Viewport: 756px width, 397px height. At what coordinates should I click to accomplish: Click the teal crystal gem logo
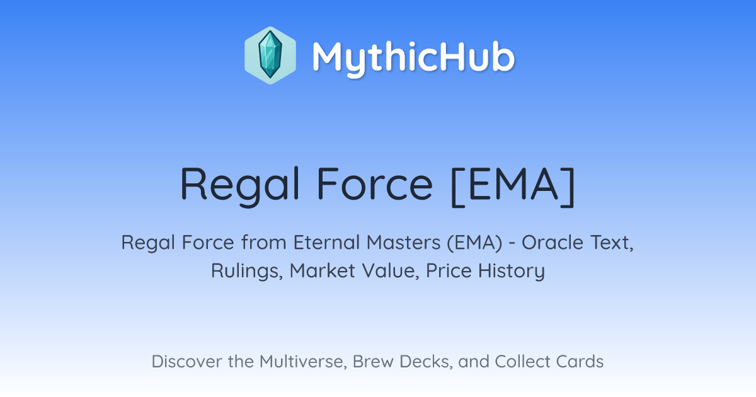(270, 55)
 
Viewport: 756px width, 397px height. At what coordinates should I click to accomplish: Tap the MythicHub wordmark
(413, 58)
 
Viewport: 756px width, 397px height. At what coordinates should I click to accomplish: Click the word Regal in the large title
(240, 186)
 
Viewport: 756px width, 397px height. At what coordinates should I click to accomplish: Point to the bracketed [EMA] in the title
(513, 187)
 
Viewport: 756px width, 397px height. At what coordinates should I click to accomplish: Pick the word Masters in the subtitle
(404, 243)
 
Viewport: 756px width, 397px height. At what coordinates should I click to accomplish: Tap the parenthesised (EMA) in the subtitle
(475, 243)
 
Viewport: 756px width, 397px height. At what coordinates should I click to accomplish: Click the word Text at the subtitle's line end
(612, 243)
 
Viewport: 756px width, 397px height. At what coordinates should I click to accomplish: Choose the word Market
(323, 271)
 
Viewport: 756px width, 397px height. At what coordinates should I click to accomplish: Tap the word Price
(449, 271)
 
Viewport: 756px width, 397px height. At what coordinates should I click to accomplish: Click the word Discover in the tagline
(186, 362)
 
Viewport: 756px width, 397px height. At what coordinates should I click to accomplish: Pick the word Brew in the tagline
(373, 362)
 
